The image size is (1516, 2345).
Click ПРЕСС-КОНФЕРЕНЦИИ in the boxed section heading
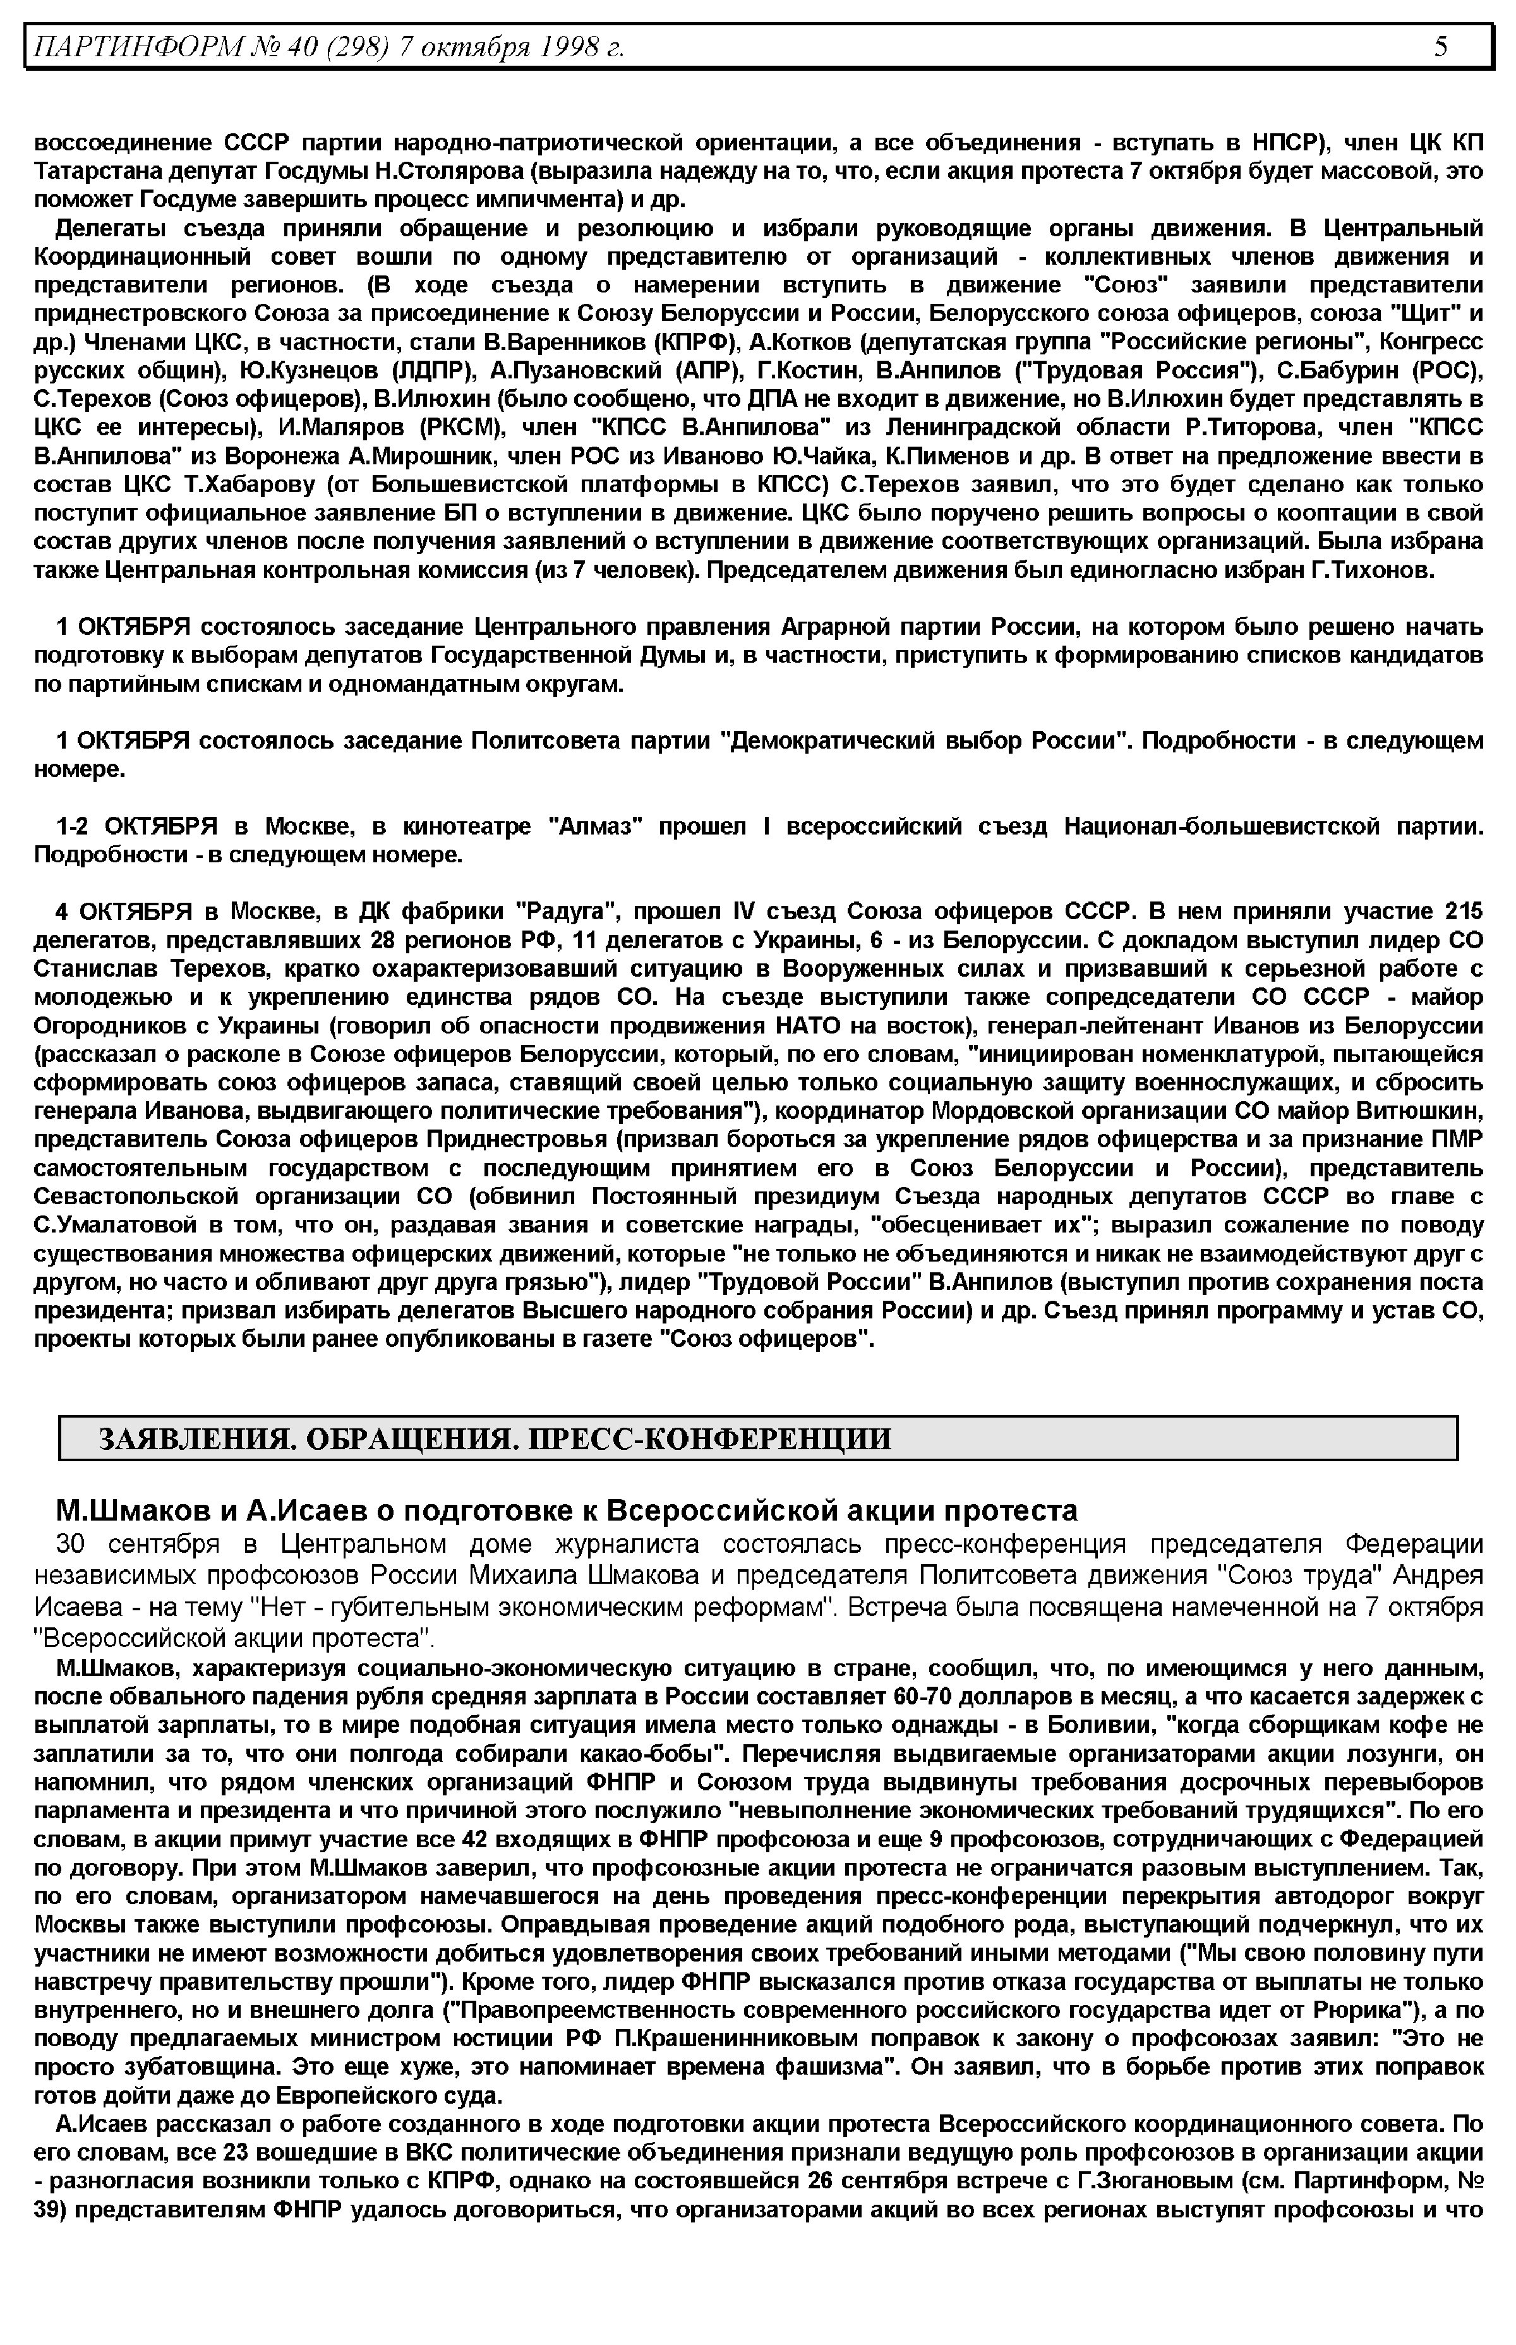pyautogui.click(x=710, y=1439)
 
